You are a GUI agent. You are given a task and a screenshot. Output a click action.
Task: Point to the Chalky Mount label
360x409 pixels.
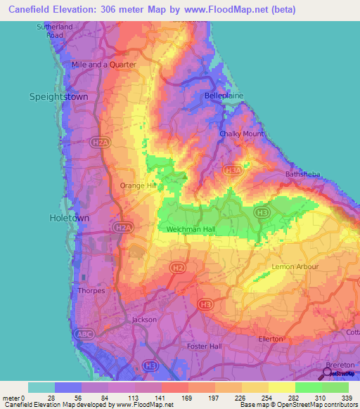pyautogui.click(x=242, y=134)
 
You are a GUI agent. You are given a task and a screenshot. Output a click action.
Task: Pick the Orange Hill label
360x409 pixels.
pyautogui.click(x=138, y=186)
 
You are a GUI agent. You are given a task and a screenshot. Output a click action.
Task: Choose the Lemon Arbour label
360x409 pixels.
pyautogui.click(x=295, y=267)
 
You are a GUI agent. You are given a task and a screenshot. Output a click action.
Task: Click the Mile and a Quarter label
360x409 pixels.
pyautogui.click(x=104, y=64)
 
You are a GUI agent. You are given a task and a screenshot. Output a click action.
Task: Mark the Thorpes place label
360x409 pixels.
pyautogui.click(x=91, y=290)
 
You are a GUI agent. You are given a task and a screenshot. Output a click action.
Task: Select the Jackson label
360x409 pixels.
pyautogui.click(x=145, y=320)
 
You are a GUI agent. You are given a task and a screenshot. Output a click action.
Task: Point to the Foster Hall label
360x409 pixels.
pyautogui.click(x=205, y=346)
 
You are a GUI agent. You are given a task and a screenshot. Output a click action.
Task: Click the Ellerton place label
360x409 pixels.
pyautogui.click(x=271, y=339)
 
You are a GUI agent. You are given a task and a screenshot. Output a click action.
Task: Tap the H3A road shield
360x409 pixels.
pyautogui.click(x=232, y=170)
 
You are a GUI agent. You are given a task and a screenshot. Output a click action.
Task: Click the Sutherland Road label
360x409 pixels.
pyautogui.click(x=55, y=30)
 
